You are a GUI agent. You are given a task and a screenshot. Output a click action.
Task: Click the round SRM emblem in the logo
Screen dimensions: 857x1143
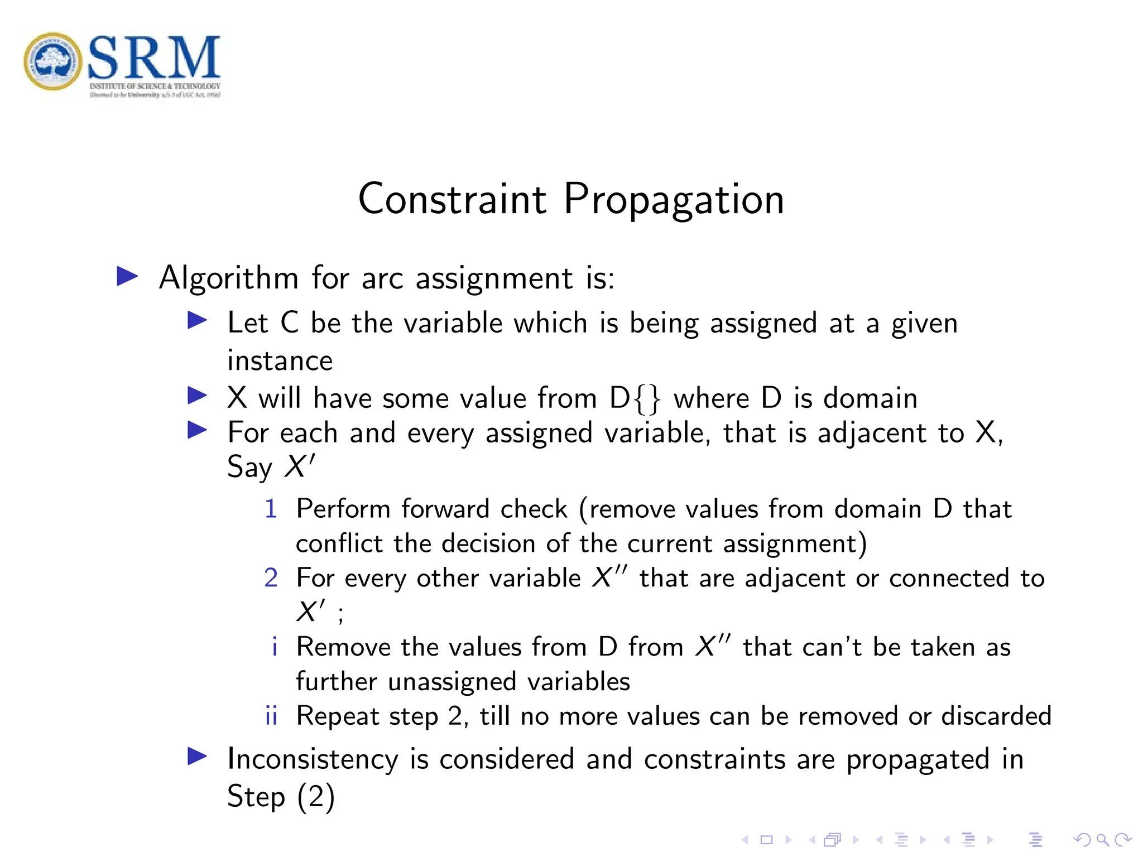point(53,61)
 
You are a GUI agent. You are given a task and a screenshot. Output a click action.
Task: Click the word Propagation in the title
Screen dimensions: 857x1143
point(674,200)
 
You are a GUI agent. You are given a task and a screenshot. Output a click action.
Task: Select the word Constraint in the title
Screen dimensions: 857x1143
point(452,200)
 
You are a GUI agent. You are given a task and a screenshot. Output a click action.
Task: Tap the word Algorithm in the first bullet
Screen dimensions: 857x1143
point(229,278)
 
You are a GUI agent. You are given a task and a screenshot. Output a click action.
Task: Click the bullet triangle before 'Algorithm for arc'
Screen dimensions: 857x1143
point(127,276)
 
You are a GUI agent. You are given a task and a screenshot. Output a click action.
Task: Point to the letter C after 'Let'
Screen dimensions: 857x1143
point(289,323)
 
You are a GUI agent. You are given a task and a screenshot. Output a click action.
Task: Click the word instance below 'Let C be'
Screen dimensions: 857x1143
point(280,361)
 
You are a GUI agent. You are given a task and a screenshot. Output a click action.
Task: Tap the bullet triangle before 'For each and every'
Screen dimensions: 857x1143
point(197,430)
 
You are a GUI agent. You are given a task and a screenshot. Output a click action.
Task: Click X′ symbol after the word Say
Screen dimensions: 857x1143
point(299,466)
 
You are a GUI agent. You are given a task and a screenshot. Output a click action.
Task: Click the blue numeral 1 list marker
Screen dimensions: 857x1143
point(271,509)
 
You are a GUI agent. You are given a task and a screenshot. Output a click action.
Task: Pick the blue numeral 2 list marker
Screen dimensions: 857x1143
point(271,578)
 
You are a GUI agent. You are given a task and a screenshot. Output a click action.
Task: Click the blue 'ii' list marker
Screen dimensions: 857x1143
point(271,716)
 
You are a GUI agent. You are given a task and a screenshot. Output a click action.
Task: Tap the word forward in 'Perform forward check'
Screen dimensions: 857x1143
point(445,509)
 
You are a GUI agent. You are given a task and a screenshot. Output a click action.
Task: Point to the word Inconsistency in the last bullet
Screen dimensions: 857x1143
point(313,759)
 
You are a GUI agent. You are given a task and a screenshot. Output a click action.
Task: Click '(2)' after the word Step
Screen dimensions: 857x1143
point(315,796)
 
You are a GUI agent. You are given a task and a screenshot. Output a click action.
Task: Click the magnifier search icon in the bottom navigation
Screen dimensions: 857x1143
point(1102,840)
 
